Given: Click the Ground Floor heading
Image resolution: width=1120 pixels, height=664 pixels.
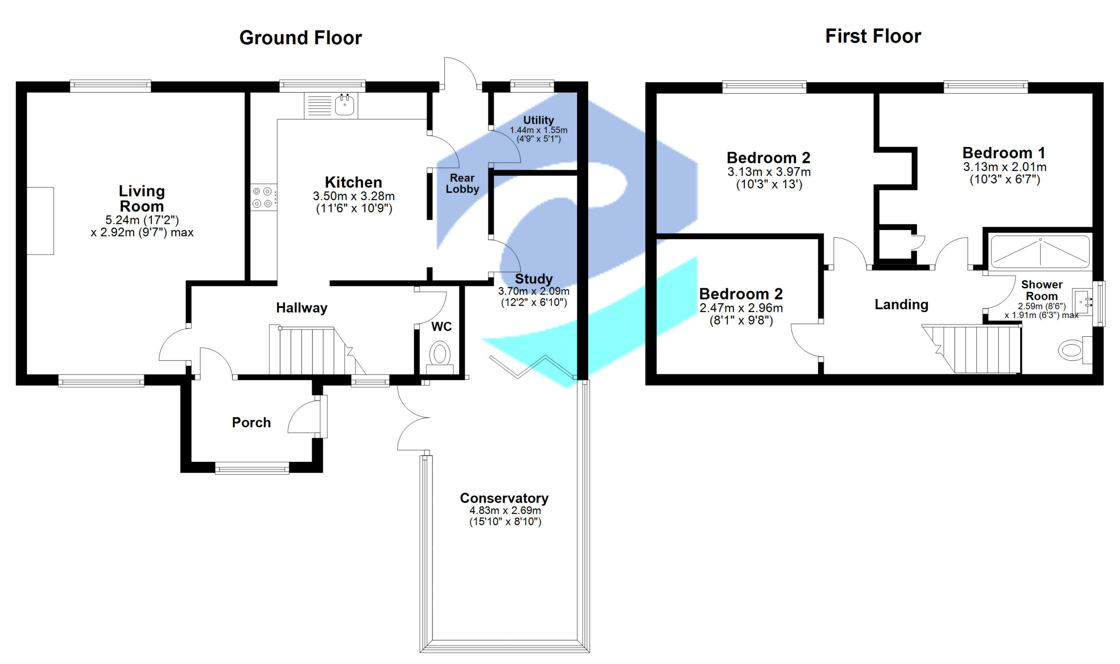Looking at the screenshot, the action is [x=300, y=38].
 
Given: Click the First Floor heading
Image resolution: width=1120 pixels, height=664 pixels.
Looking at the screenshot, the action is [x=873, y=36].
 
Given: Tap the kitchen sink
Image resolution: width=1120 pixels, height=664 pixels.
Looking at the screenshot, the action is [x=344, y=105].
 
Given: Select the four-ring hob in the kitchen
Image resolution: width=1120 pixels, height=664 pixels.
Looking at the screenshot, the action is [x=263, y=197].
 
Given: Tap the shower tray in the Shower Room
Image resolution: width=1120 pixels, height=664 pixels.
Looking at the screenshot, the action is [x=1040, y=252].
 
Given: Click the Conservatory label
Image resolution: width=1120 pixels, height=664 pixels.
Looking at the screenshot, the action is [x=504, y=498].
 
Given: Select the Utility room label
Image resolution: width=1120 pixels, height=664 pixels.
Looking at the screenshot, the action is [x=538, y=120].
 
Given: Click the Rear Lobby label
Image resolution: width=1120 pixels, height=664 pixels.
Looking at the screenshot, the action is [x=462, y=183].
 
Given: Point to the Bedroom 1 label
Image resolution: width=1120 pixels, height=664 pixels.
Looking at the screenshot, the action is [x=1004, y=153].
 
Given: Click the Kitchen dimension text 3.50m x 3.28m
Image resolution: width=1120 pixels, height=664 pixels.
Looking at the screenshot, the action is [x=354, y=196].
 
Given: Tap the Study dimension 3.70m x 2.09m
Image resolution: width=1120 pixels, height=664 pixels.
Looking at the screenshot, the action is [x=534, y=291].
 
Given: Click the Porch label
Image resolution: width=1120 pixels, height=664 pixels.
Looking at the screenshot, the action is [x=251, y=423].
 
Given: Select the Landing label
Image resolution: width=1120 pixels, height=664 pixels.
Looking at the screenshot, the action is [x=901, y=305].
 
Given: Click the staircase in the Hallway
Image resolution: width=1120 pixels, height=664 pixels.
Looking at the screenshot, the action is [x=313, y=351].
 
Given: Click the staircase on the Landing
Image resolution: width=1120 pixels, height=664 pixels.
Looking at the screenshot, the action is [x=976, y=349].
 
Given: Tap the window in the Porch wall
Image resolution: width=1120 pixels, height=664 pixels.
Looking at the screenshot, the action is [x=252, y=469].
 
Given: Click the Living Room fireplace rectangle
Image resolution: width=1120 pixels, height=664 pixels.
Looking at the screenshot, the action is [x=40, y=221].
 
